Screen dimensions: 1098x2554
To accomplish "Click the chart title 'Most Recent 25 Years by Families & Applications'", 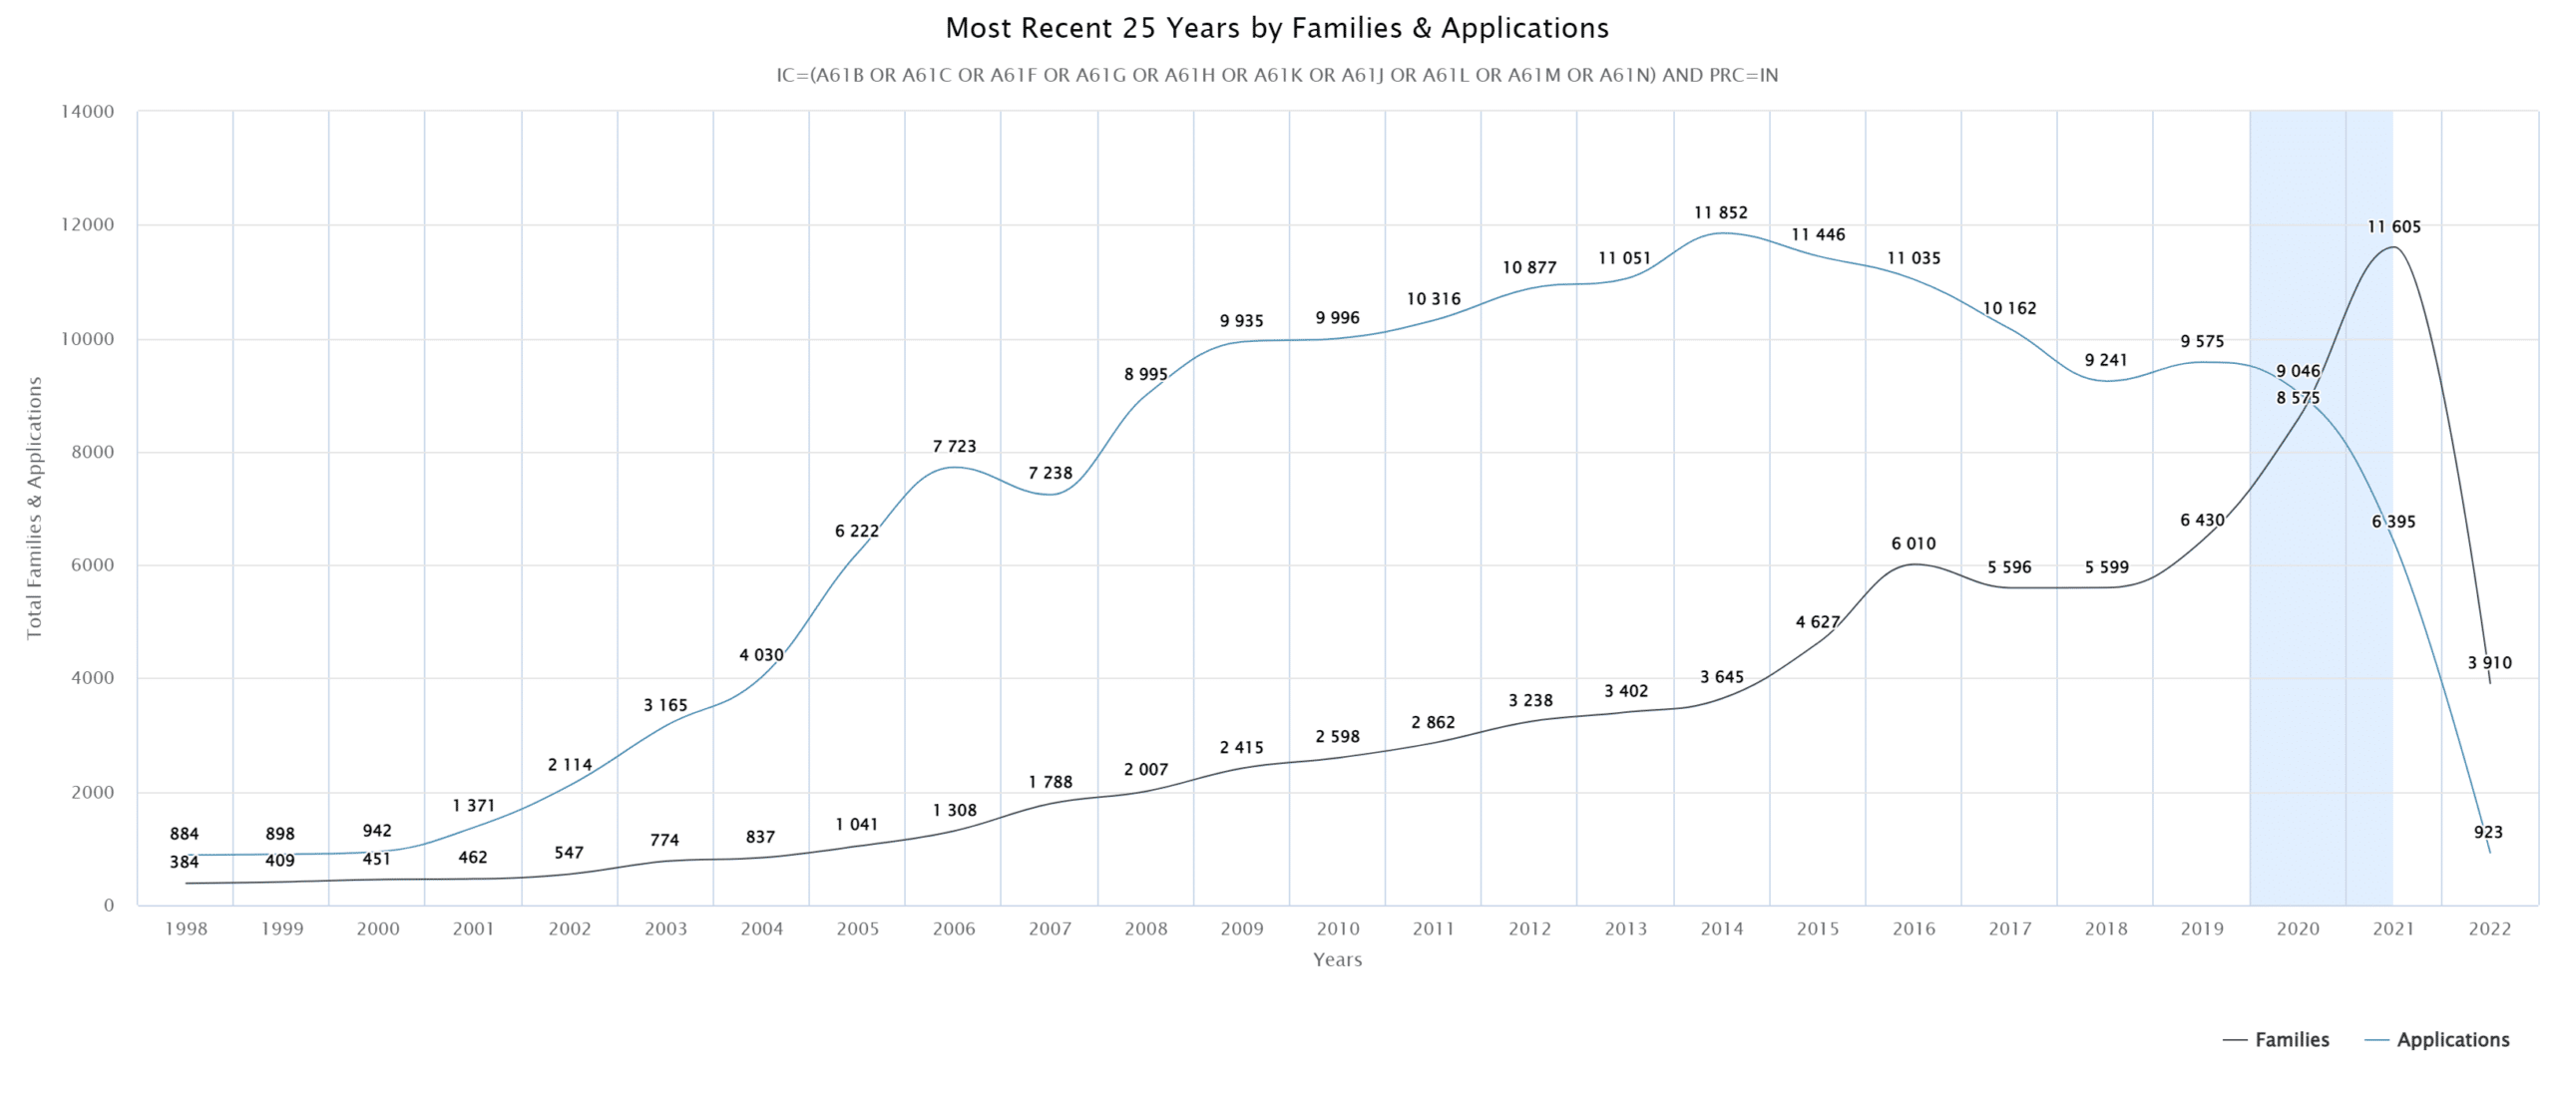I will point(1276,28).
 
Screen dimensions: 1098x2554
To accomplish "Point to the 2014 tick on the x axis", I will point(1721,928).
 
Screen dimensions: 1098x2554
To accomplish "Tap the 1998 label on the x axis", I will point(186,928).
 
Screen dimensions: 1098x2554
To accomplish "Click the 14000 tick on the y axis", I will point(88,112).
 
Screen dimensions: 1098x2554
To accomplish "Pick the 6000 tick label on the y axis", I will point(93,564).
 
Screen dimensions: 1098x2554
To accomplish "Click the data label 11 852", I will point(1720,212).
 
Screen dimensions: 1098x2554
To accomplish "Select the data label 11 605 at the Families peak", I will point(2393,226).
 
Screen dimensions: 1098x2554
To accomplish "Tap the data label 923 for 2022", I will point(2487,832).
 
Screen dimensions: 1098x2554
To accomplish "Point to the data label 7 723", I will point(954,446).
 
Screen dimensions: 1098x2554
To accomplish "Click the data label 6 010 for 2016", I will point(1913,544).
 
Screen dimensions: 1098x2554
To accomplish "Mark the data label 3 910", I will point(2489,662).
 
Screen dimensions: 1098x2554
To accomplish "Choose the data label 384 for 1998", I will point(184,862).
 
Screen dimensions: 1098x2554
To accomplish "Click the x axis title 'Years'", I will point(1337,959).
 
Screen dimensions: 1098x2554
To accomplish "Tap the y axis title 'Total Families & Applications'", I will point(35,508).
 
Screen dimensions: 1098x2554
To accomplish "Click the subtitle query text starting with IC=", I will point(1276,75).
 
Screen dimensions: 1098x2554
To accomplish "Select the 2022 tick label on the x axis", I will point(2489,928).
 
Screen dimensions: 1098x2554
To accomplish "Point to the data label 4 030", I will point(760,654).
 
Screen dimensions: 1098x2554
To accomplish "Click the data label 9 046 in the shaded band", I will point(2297,371).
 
